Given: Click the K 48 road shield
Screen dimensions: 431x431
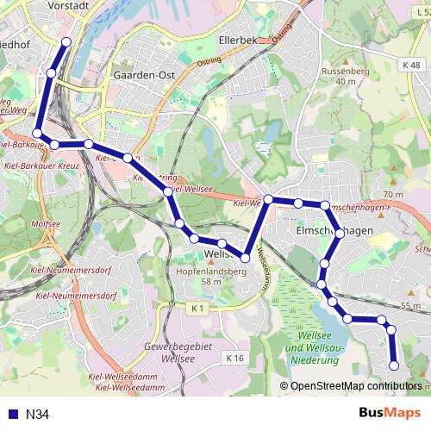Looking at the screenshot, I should [410, 66].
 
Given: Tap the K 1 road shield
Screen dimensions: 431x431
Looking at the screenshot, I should [199, 308].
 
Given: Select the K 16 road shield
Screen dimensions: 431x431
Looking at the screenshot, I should [234, 357].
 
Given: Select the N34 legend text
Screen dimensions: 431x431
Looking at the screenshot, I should [37, 415].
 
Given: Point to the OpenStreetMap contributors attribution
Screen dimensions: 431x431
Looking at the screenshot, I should [353, 386].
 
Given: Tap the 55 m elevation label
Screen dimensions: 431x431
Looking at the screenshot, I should [410, 305].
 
